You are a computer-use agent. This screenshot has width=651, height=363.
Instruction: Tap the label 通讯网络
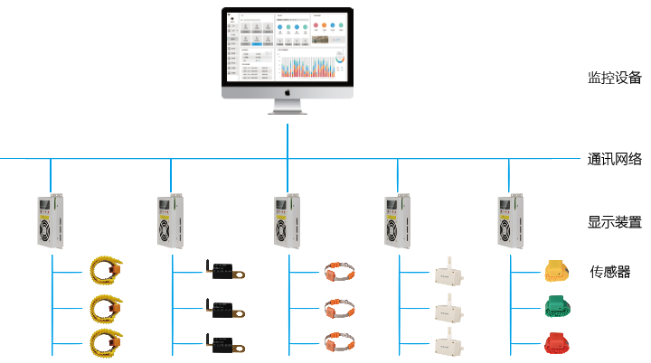click(x=614, y=160)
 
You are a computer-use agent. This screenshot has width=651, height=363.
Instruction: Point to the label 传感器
click(x=610, y=272)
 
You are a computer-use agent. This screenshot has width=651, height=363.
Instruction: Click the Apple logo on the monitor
click(x=288, y=91)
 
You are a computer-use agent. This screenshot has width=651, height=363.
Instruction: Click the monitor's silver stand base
click(x=288, y=111)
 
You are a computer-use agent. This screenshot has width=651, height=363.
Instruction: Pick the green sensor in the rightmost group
click(x=554, y=306)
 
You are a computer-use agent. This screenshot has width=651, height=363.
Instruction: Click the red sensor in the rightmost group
click(x=554, y=342)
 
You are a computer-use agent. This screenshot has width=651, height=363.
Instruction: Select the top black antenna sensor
click(x=222, y=270)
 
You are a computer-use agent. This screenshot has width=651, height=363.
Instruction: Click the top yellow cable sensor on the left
click(x=107, y=269)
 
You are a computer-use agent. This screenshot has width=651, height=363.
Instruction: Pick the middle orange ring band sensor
click(x=338, y=307)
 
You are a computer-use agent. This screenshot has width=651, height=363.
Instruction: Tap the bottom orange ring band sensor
click(x=338, y=343)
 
